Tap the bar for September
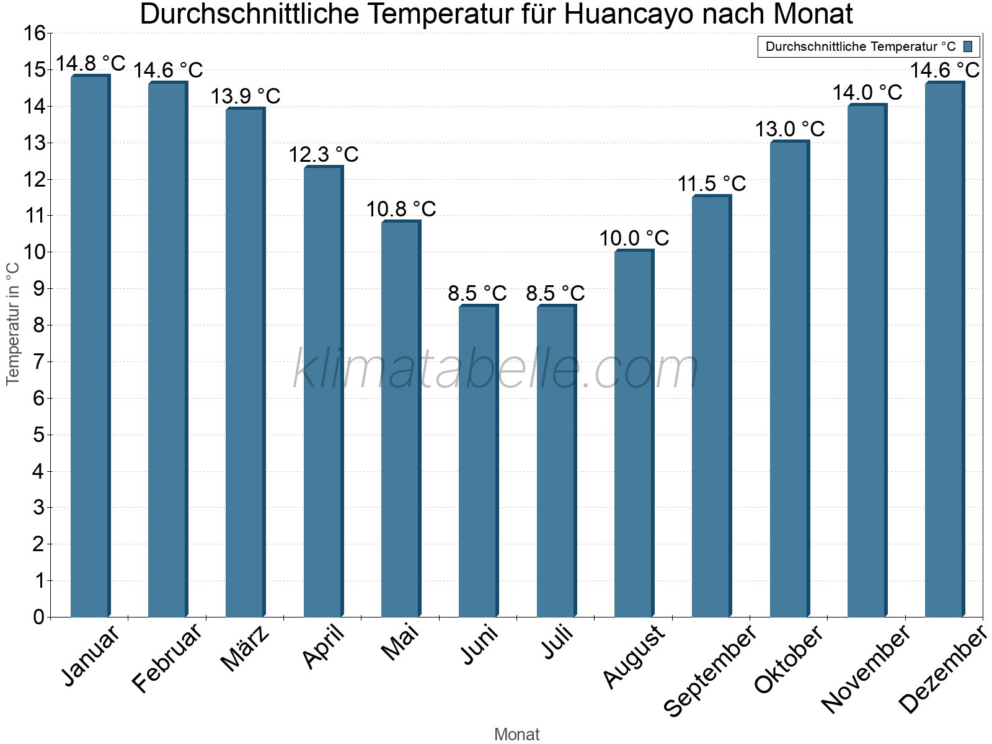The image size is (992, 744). point(711,406)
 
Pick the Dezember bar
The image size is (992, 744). point(944,350)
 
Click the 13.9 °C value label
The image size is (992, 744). point(246,97)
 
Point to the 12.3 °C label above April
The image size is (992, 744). point(324,155)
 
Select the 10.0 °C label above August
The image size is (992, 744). point(634,239)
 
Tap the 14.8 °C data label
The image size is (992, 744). point(91,63)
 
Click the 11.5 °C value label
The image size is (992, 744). point(712,184)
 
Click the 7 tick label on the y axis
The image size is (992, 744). point(39,361)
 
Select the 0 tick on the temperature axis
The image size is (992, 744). point(39,617)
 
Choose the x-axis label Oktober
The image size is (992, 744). point(789,659)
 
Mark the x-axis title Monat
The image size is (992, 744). point(516,735)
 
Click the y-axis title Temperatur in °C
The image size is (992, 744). point(13,324)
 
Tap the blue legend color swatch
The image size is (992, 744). point(968,46)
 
